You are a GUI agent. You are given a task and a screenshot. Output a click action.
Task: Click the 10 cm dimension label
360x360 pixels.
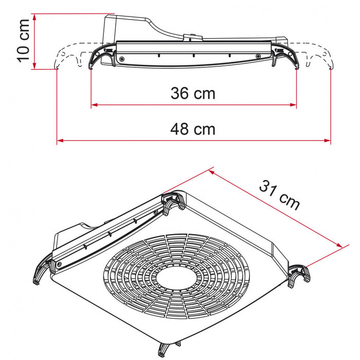coord(24,40)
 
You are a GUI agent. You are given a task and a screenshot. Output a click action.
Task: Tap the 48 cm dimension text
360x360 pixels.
coord(193,129)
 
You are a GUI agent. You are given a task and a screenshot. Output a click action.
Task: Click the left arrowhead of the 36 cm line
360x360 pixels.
coord(94,105)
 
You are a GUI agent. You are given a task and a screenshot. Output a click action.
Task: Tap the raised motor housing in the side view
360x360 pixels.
coord(129,28)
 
